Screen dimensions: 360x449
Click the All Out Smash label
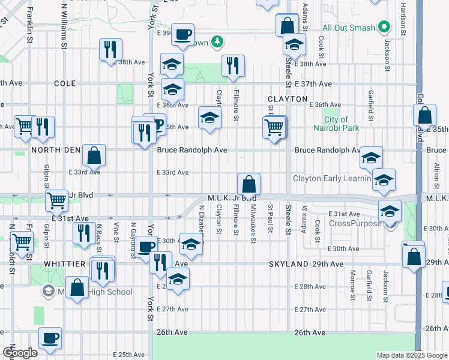[x=348, y=28]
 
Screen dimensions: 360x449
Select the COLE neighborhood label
[x=65, y=84]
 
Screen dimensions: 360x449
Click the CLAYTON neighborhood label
[x=288, y=99]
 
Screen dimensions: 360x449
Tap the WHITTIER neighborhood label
[x=66, y=264]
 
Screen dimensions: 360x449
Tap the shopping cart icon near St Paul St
[x=274, y=127]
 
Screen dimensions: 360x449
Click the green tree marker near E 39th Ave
[x=218, y=42]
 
